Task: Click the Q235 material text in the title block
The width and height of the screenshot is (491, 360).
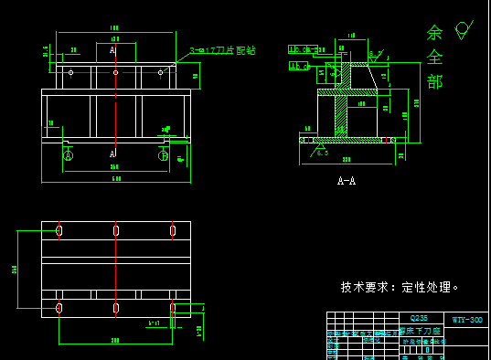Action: (420, 319)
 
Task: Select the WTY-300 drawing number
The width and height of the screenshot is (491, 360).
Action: (466, 320)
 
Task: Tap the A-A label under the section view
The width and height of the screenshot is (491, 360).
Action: (347, 181)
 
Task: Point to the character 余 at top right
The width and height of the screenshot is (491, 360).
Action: (434, 33)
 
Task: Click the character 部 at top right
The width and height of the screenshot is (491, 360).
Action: (435, 82)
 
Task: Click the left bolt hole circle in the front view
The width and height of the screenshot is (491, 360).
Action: (71, 70)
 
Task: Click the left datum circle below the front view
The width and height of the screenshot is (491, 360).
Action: (68, 156)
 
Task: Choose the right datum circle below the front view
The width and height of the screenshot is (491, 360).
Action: (163, 156)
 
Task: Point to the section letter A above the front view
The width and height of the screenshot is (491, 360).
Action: (113, 51)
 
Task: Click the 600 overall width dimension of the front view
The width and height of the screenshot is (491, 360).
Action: (115, 178)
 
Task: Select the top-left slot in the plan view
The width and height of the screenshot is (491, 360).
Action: (59, 230)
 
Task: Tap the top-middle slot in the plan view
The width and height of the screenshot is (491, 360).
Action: (116, 230)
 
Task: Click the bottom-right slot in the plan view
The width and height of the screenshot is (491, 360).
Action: (172, 309)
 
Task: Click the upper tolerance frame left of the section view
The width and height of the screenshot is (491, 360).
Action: (300, 49)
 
